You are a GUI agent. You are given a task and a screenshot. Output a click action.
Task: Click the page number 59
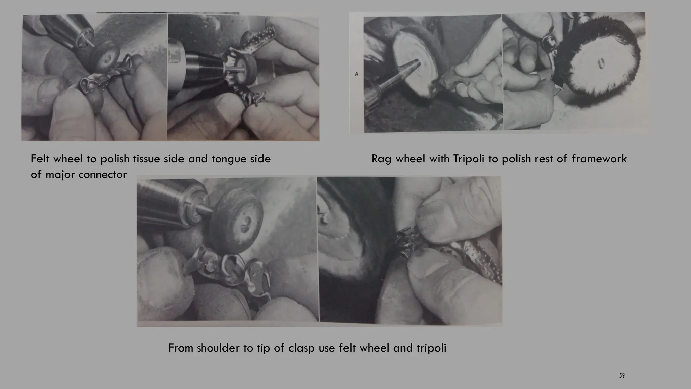[622, 375]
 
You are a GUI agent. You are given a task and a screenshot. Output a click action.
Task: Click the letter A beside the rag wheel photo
[357, 74]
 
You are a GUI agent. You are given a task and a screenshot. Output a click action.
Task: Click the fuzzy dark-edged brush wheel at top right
[604, 64]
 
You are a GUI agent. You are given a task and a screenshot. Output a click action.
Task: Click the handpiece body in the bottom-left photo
[162, 203]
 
